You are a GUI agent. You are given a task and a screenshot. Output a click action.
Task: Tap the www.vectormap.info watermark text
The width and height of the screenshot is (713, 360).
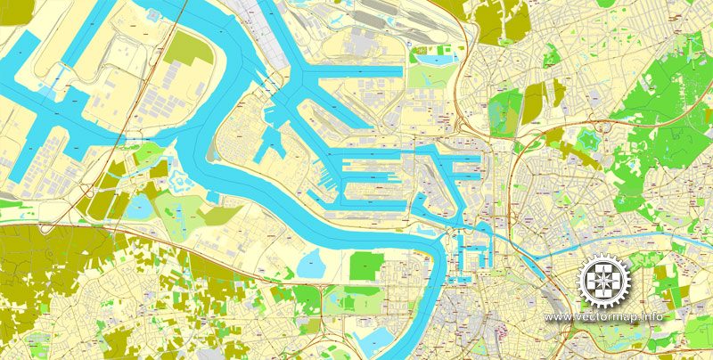click(604, 317)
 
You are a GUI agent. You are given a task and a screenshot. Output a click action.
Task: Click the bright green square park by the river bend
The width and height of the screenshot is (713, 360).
click(365, 266)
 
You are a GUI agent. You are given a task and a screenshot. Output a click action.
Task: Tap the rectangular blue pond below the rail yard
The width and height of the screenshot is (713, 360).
click(433, 60)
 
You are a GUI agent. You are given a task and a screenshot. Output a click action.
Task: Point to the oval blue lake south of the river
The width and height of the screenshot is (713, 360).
click(313, 262)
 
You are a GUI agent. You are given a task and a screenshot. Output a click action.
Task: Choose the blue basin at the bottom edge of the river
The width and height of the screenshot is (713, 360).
click(373, 338)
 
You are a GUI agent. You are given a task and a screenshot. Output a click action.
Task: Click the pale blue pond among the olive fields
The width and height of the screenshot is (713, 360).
click(141, 208)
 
